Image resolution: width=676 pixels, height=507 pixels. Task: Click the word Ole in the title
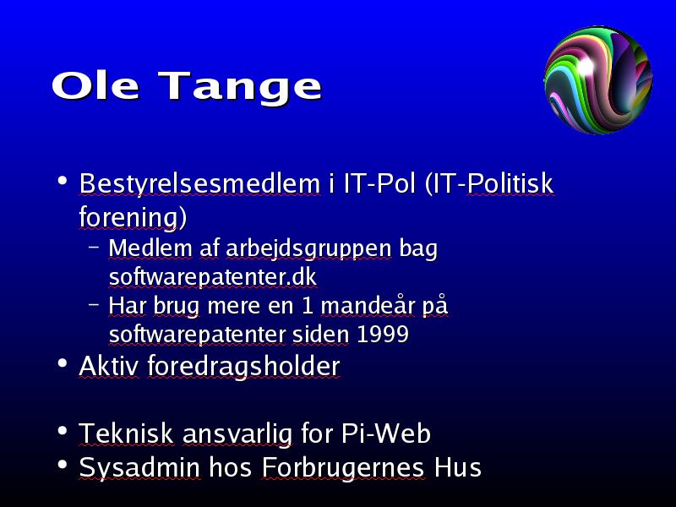coord(95,85)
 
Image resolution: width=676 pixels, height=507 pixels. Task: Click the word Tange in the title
coord(240,89)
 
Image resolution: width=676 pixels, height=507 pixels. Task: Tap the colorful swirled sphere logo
coord(598,80)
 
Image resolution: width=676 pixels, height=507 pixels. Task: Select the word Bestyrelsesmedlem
coord(199,184)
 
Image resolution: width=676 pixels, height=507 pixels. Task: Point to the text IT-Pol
coord(379,183)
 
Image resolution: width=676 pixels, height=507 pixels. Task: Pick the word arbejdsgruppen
coord(308,250)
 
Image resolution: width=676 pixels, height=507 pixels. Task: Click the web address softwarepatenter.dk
coord(213,277)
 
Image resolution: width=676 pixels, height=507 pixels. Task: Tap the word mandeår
coord(368,306)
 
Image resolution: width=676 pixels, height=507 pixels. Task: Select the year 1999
coord(383,334)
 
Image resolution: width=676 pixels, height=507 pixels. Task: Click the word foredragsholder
coord(244,368)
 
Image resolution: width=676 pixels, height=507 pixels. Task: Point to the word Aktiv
coord(109,366)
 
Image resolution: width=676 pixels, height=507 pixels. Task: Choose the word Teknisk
coord(127,433)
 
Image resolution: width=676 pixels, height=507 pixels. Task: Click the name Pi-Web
coord(386,433)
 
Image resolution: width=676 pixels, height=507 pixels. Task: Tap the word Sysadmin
coord(139,469)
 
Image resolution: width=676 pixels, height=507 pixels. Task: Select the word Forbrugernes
coord(343,469)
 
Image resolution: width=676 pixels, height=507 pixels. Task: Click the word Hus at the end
coord(457,467)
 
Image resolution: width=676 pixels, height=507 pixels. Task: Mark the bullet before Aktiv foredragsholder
coord(63,363)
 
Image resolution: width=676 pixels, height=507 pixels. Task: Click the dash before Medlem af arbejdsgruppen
coord(94,248)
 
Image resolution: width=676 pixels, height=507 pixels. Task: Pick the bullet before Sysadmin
coord(63,465)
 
